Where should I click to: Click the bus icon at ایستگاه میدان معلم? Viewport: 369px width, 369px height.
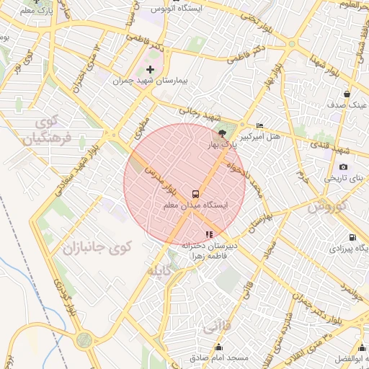[x=195, y=194]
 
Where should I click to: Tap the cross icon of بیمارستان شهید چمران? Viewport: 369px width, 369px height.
[x=150, y=69]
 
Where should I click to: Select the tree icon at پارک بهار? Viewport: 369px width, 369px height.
[x=222, y=134]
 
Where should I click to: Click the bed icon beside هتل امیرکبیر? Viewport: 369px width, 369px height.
[x=260, y=126]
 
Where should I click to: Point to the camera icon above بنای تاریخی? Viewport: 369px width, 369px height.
[x=343, y=166]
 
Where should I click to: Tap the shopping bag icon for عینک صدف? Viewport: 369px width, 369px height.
[x=347, y=94]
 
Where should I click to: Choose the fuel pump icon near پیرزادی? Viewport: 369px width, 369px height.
[x=352, y=237]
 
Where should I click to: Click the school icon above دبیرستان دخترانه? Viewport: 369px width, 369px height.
[x=209, y=234]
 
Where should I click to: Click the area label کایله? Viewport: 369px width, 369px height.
[x=159, y=272]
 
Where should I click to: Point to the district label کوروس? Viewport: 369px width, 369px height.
[x=327, y=207]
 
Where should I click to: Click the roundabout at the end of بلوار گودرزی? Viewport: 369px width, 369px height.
[x=84, y=339]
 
